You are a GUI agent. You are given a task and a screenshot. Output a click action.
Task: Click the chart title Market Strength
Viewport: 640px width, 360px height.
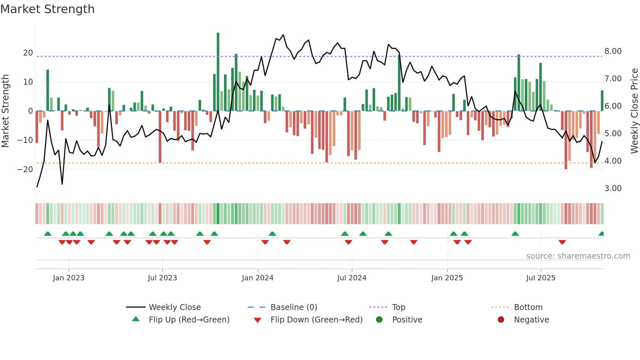(x=47, y=9)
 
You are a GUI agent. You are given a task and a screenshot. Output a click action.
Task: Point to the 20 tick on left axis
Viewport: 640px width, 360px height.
(x=28, y=53)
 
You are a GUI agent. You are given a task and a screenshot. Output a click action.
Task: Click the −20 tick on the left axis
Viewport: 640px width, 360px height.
(x=25, y=170)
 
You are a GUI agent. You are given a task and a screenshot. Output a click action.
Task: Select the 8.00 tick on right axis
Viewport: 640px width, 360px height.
(x=613, y=51)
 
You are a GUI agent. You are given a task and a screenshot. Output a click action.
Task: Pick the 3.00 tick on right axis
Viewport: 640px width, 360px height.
(x=613, y=188)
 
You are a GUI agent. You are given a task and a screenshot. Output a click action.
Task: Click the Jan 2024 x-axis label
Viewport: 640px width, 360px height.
(x=258, y=278)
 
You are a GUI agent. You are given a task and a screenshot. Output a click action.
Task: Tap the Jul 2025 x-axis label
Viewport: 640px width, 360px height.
(x=541, y=278)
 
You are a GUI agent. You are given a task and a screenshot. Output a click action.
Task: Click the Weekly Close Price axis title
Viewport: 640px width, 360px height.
(x=634, y=111)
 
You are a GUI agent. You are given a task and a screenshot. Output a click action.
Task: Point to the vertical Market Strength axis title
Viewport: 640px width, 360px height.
(x=6, y=111)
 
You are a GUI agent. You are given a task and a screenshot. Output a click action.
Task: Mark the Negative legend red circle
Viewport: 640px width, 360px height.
(x=501, y=320)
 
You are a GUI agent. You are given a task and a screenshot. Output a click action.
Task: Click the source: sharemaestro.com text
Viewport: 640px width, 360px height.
(x=578, y=256)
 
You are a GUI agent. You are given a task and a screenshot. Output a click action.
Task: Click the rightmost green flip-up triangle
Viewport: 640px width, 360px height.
(x=601, y=234)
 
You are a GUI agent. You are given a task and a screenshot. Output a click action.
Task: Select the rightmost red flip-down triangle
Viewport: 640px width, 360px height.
(x=562, y=242)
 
